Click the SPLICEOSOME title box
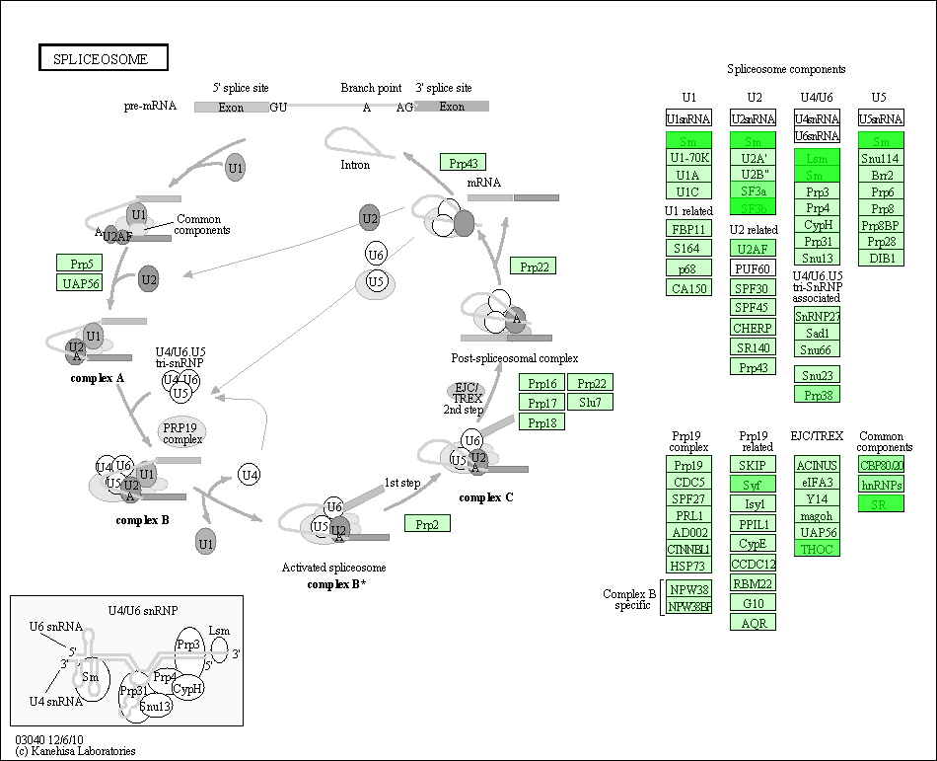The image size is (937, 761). click(104, 58)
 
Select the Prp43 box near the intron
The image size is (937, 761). click(463, 163)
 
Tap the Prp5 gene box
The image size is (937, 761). click(80, 264)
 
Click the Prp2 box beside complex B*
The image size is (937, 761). click(427, 524)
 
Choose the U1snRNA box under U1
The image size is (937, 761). click(688, 118)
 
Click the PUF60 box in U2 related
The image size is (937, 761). click(754, 268)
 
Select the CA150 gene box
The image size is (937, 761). click(688, 288)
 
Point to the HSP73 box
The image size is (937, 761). click(688, 566)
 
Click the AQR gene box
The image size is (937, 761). click(754, 623)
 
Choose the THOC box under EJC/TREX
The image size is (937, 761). click(817, 549)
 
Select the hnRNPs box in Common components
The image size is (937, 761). click(881, 485)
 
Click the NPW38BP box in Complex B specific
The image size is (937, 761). click(688, 607)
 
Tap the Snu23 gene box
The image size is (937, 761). click(817, 375)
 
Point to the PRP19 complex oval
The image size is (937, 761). click(182, 431)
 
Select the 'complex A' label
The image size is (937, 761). click(97, 378)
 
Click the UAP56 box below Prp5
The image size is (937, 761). click(80, 283)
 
